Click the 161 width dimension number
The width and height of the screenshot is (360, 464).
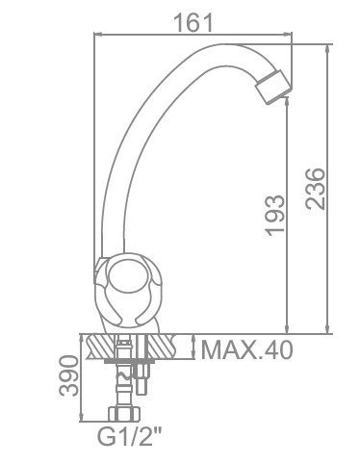pyautogui.click(x=193, y=23)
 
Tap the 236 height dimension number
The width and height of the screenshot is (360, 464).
pyautogui.click(x=315, y=189)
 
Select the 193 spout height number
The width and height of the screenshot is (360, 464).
pyautogui.click(x=273, y=216)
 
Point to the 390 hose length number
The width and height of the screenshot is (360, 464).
pyautogui.click(x=68, y=375)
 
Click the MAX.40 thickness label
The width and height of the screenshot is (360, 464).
pyautogui.click(x=247, y=349)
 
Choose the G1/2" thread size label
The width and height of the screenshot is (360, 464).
pyautogui.click(x=129, y=437)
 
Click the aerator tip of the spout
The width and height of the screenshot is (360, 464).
pyautogui.click(x=272, y=87)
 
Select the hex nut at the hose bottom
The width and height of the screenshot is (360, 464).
pyautogui.click(x=124, y=414)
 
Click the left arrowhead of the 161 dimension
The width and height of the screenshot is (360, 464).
pyautogui.click(x=96, y=34)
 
